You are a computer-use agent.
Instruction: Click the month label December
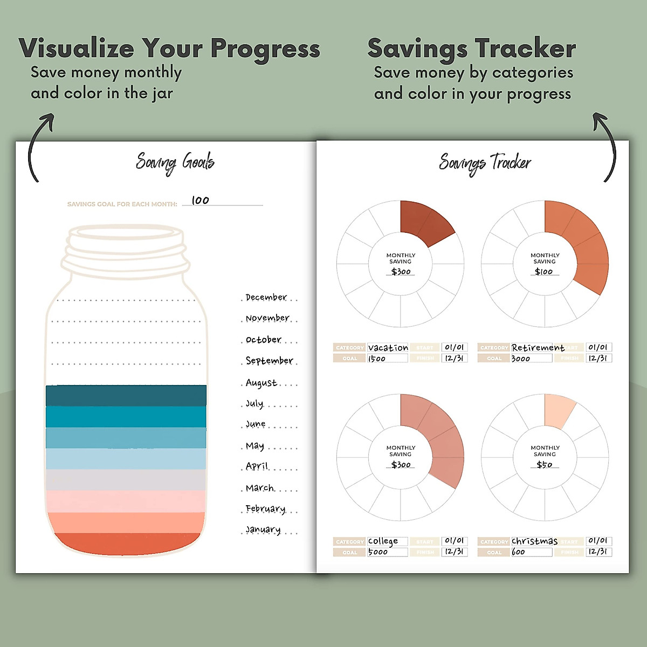266,297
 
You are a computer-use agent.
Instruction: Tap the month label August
261,383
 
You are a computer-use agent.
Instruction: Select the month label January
263,529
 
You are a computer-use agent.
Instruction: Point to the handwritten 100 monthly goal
200,200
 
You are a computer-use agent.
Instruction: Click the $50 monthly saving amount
545,464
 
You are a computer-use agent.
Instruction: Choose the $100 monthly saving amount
544,271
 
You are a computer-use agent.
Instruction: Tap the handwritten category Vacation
388,348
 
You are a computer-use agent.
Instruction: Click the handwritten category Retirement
538,348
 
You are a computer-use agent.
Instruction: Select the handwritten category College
383,541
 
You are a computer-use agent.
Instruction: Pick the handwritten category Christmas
534,541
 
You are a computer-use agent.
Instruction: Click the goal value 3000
521,359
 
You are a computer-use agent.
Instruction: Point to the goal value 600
518,552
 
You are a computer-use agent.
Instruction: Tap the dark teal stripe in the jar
126,395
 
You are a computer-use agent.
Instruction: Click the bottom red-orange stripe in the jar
126,543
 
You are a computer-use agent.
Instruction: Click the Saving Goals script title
175,162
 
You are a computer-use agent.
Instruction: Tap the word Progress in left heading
265,49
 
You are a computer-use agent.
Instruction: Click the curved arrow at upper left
39,146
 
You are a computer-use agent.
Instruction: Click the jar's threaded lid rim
127,253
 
